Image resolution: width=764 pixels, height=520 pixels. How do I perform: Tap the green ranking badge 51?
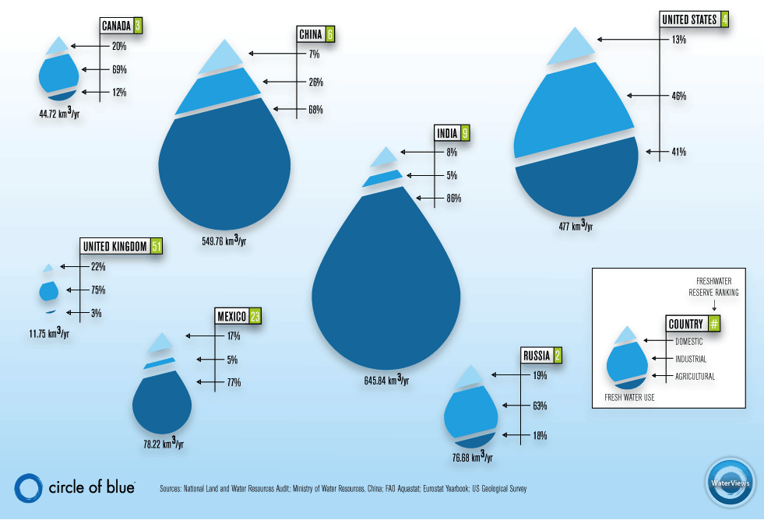click(157, 247)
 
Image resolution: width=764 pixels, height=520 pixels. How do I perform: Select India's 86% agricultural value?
click(452, 199)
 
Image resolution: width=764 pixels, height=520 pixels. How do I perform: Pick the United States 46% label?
click(678, 96)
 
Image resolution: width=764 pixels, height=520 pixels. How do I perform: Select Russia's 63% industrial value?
click(540, 406)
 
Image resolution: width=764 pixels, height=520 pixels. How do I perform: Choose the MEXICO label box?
click(231, 316)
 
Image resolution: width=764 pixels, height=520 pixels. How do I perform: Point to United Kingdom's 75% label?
click(98, 290)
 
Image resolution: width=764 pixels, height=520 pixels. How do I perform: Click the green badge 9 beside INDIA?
click(465, 133)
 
